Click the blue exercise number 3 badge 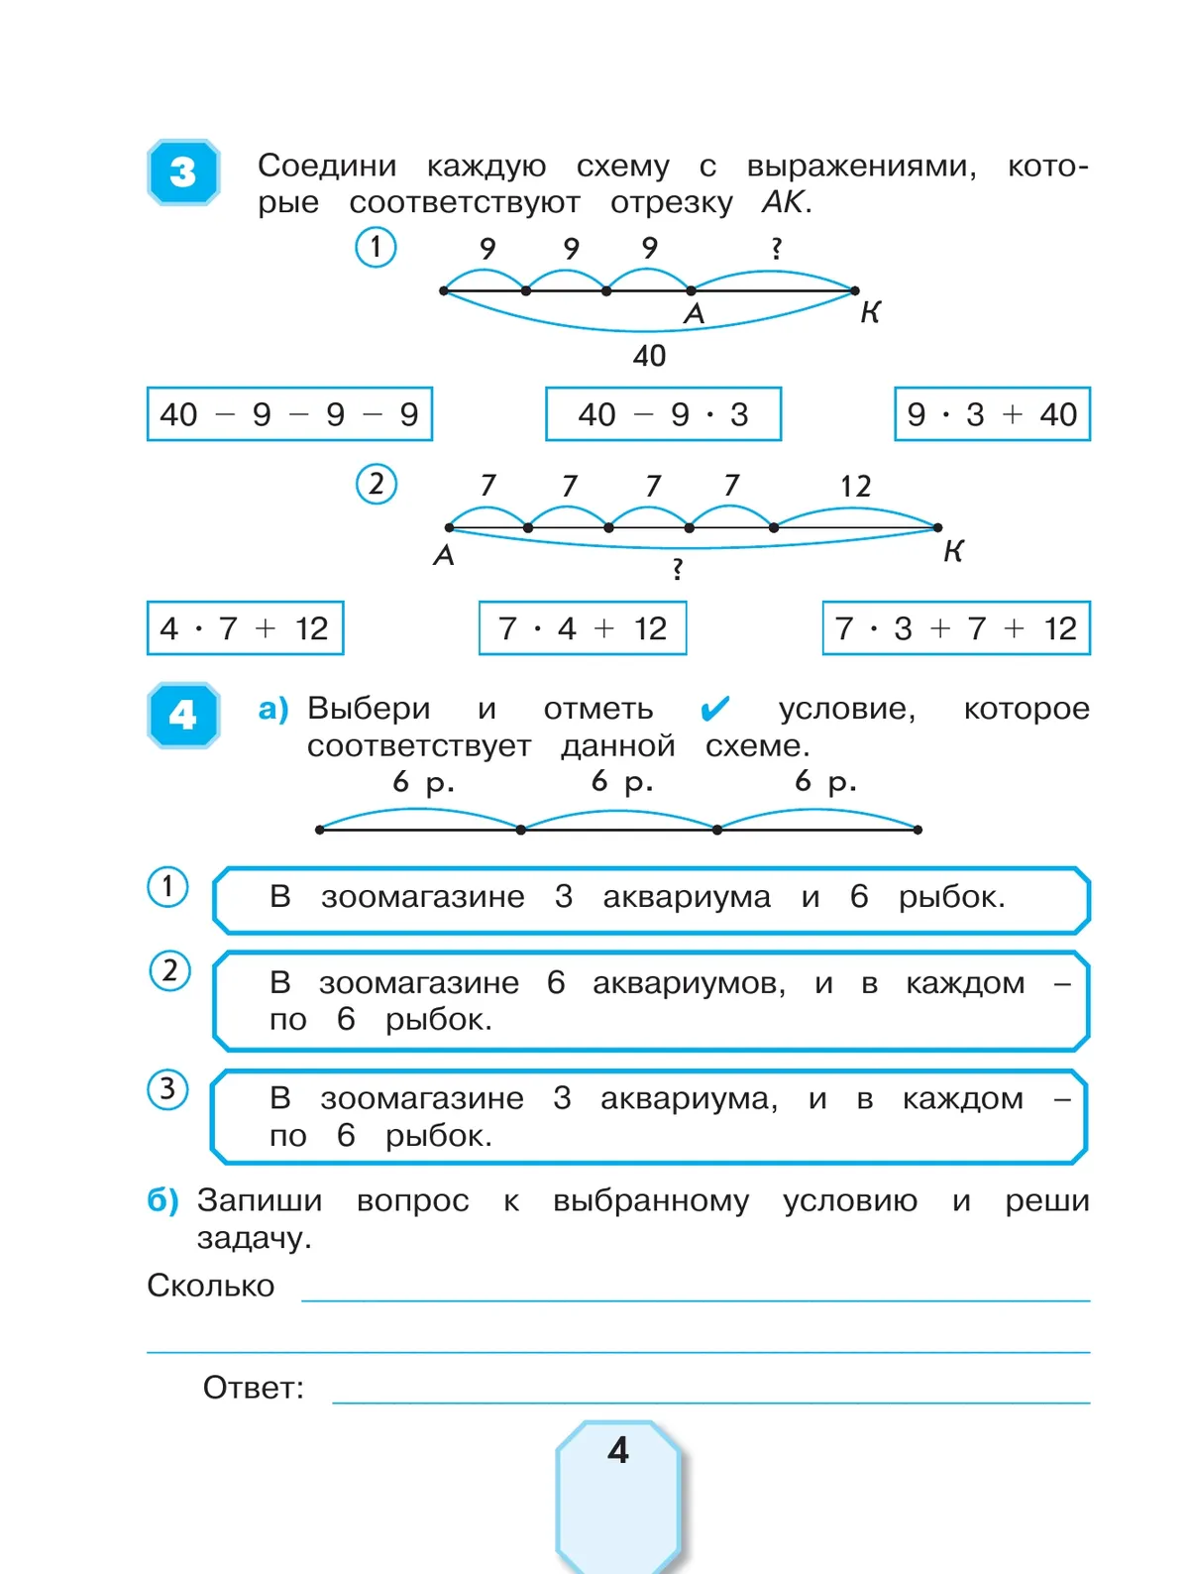(183, 172)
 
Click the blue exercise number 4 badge (183, 715)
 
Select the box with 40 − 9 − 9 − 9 (289, 414)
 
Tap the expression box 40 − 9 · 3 (663, 414)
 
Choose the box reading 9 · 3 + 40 (992, 414)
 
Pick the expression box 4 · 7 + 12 (245, 628)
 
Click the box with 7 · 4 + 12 (583, 628)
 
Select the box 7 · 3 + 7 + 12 (956, 628)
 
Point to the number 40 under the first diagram (649, 356)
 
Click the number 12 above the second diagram (855, 487)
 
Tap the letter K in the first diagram (870, 313)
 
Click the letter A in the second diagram (444, 556)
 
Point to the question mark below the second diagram (677, 569)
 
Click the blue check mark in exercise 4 (714, 709)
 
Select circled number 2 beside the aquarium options (169, 971)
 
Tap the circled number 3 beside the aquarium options (167, 1089)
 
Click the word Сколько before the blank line (211, 1286)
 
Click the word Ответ (254, 1388)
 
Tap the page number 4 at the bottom (618, 1451)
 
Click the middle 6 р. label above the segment (622, 782)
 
